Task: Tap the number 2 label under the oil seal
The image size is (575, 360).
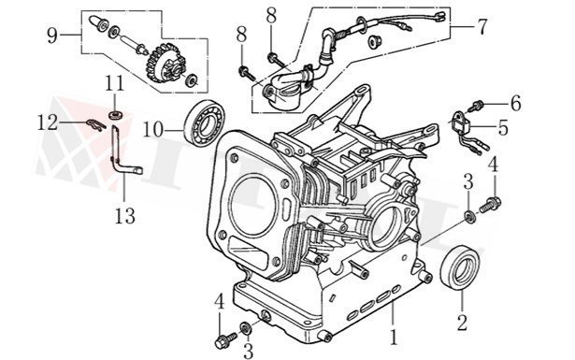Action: click(460, 324)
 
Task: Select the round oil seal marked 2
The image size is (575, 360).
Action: click(459, 269)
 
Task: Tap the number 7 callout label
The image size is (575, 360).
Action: click(482, 26)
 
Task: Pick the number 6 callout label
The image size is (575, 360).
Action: click(515, 101)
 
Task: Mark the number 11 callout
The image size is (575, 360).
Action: click(114, 84)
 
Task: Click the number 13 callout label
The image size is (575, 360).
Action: click(125, 216)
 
